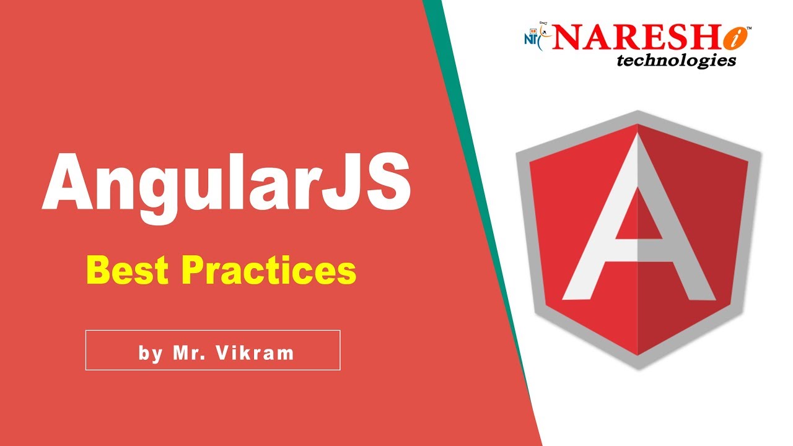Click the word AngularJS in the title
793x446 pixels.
[x=226, y=183]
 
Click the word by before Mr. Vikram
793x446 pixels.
[x=150, y=354]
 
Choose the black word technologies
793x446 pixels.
[x=676, y=60]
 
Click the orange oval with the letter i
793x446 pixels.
[x=734, y=38]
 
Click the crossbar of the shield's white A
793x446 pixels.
[x=638, y=247]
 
